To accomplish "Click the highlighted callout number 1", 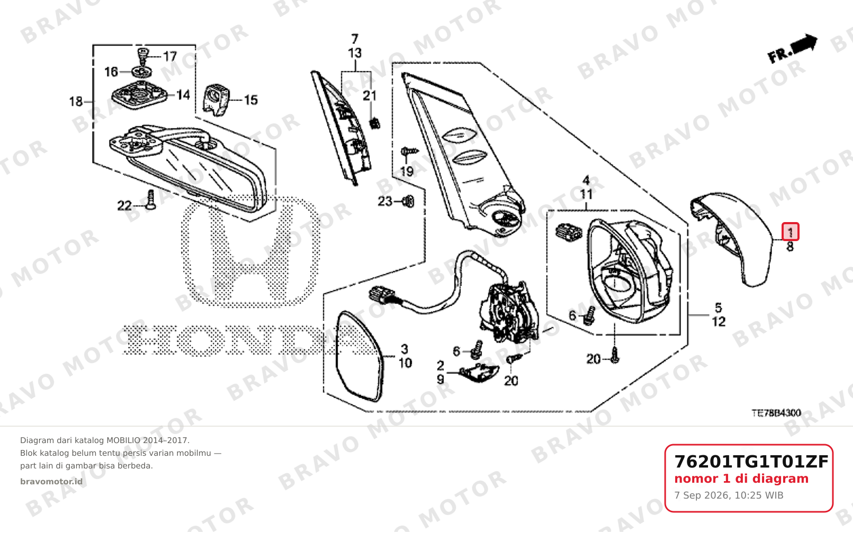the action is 790,232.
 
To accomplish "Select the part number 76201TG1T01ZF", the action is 751,462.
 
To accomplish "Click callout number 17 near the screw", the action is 170,56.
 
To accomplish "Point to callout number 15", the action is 251,100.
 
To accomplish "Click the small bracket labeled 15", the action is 216,100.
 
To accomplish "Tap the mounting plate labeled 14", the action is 139,95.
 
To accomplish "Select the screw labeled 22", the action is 151,200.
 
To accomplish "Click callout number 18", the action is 76,102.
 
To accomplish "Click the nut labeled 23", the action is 409,201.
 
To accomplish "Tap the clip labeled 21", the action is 375,123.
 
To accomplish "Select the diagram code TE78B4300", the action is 776,413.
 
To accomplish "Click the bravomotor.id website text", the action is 51,482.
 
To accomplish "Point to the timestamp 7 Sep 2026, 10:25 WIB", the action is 729,495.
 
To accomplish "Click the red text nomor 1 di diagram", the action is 741,479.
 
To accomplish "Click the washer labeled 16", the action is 142,71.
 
